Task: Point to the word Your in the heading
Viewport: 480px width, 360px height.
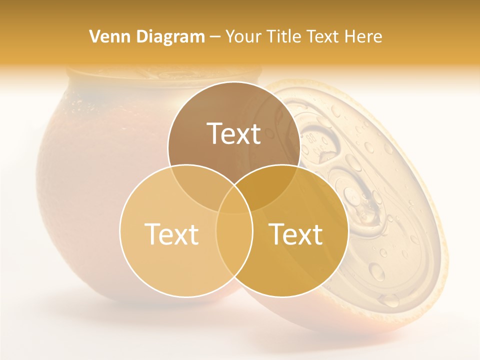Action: point(241,36)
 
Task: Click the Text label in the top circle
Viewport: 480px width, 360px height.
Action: point(234,133)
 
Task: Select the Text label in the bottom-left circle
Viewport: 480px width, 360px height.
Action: point(171,234)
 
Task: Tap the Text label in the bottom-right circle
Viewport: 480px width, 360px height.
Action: point(296,234)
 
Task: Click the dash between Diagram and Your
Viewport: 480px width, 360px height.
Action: point(214,36)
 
